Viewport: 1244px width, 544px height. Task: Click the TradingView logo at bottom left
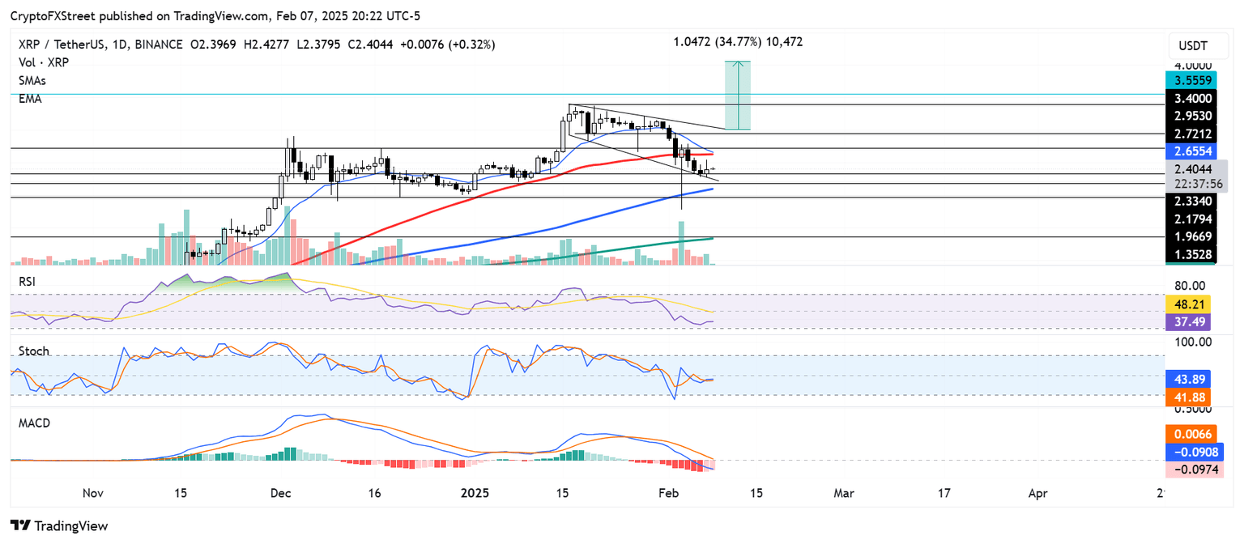(59, 525)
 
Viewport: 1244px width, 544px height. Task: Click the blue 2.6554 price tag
(1195, 151)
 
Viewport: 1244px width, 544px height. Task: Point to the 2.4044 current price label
(1195, 170)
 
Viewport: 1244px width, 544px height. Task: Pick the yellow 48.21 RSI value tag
(1189, 304)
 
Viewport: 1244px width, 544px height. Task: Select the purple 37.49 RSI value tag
(1189, 321)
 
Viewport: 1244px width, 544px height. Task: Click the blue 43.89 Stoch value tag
(1189, 378)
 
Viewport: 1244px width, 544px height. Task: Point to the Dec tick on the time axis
(281, 492)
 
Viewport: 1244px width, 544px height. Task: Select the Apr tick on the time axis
(1039, 492)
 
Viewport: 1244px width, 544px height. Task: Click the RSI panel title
(26, 281)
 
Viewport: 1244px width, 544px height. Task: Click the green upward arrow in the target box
(737, 95)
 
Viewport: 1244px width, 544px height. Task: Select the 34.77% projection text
(737, 41)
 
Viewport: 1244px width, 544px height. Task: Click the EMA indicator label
(30, 99)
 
